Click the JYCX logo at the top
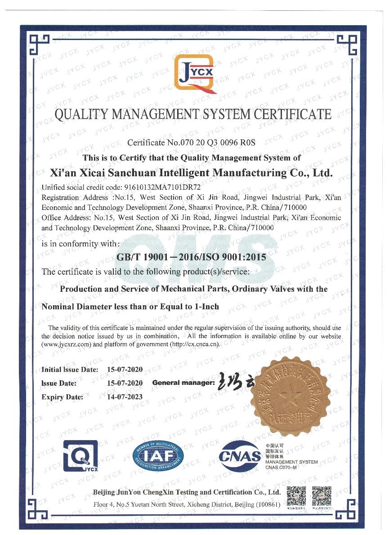196,73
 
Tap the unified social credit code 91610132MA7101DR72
161,187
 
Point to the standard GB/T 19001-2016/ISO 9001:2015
191,258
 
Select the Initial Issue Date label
70,370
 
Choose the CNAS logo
240,456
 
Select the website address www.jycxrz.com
64,344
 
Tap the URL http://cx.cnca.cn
195,344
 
